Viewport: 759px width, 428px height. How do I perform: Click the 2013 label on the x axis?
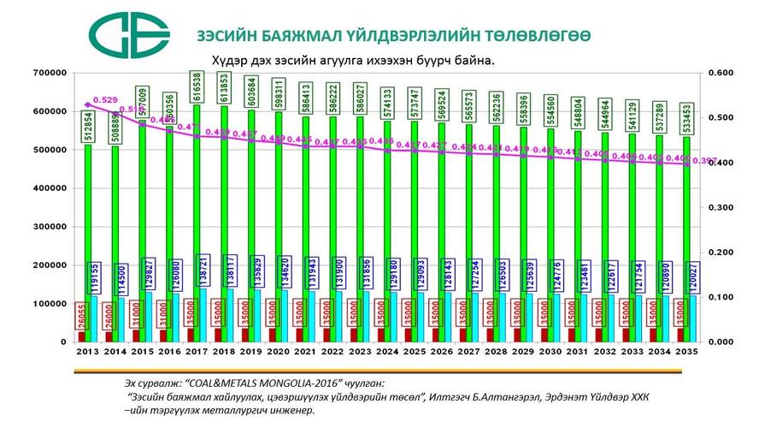(85, 351)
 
